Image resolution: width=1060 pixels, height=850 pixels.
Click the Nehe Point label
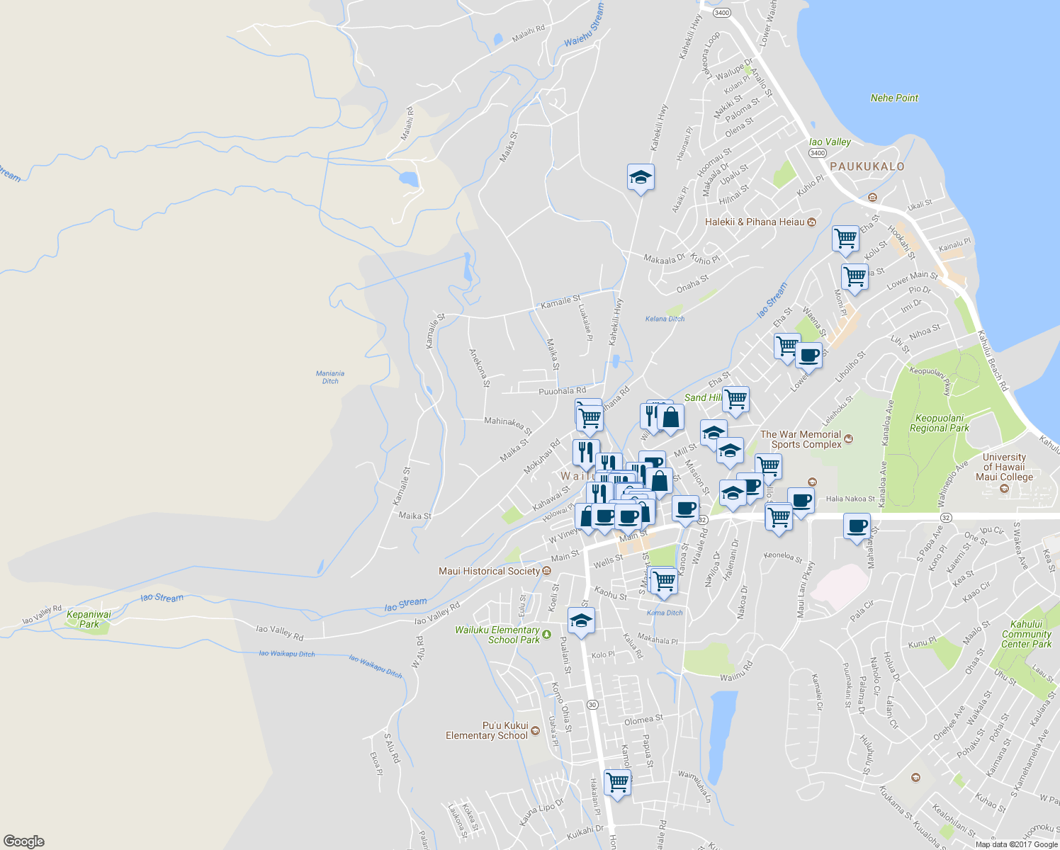pyautogui.click(x=894, y=98)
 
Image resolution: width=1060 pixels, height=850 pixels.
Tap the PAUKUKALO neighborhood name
pyautogui.click(x=867, y=166)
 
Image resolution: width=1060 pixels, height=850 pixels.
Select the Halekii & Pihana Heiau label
pyautogui.click(x=755, y=222)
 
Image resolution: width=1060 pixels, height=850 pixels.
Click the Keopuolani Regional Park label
pyautogui.click(x=940, y=423)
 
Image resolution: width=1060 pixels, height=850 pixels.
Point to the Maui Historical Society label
pyautogui.click(x=489, y=571)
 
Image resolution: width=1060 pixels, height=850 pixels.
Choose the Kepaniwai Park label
pyautogui.click(x=89, y=619)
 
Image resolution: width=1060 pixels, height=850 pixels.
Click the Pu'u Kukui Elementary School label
pyautogui.click(x=487, y=730)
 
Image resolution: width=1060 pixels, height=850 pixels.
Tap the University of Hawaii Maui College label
pyautogui.click(x=1004, y=467)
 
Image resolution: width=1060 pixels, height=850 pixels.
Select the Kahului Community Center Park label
pyautogui.click(x=1026, y=634)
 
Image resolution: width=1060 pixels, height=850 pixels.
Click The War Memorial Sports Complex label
pyautogui.click(x=801, y=439)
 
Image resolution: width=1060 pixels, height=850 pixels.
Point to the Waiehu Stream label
pyautogui.click(x=584, y=25)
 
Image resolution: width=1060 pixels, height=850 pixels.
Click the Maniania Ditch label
pyautogui.click(x=330, y=377)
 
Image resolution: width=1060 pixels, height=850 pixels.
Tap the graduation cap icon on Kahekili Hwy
pyautogui.click(x=641, y=178)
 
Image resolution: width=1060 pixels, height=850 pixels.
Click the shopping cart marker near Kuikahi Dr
pyautogui.click(x=617, y=783)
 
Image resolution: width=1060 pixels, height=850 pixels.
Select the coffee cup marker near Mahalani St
pyautogui.click(x=857, y=527)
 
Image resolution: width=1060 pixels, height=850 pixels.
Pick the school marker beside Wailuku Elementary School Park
pyautogui.click(x=581, y=622)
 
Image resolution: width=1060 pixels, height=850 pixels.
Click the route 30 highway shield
pyautogui.click(x=592, y=704)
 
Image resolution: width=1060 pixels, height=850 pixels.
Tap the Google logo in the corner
pyautogui.click(x=24, y=841)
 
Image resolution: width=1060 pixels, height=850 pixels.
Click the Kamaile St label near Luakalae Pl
pyautogui.click(x=560, y=302)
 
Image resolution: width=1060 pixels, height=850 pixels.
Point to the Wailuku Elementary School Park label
pyautogui.click(x=497, y=635)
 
